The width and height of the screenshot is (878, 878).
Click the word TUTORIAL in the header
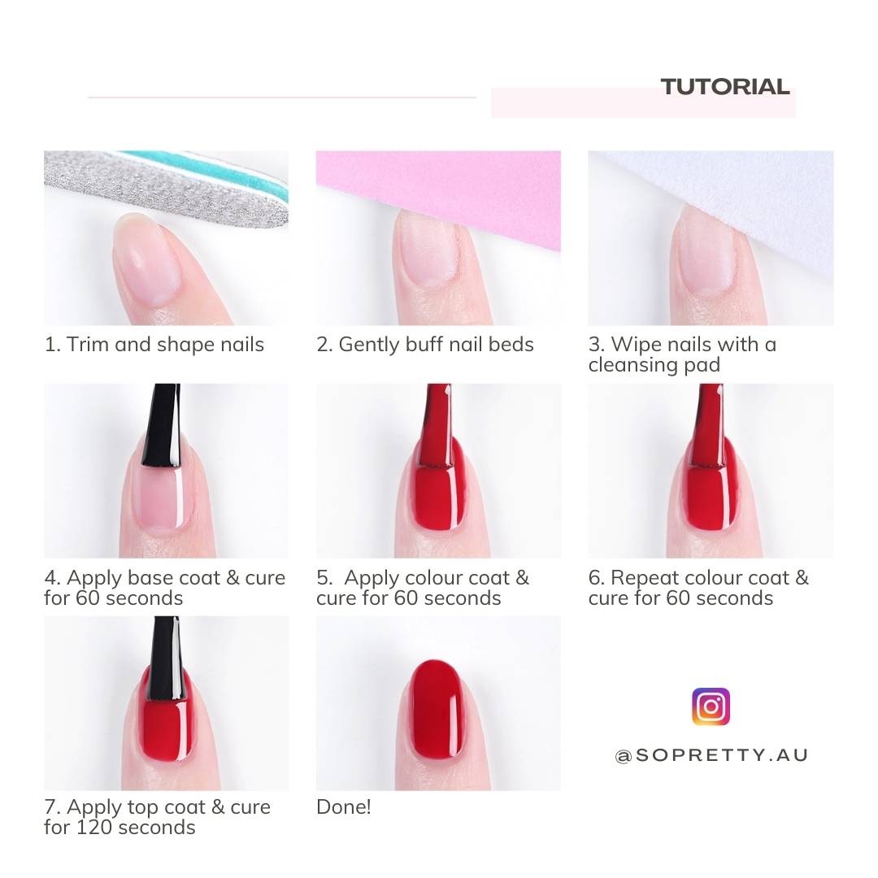coord(724,87)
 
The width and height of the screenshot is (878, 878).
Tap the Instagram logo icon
coord(711,706)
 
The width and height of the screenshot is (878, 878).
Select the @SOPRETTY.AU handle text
coord(711,755)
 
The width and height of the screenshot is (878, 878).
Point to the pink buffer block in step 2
coord(488,191)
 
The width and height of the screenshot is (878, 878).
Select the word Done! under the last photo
coord(343,807)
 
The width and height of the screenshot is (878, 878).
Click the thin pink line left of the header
coord(281,98)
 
